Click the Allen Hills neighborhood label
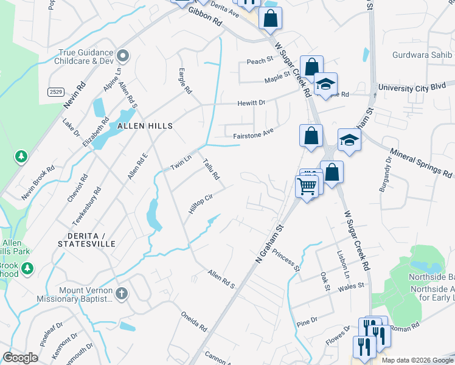coord(145,126)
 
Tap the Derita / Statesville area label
coord(86,239)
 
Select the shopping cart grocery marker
coord(307,186)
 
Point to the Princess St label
coord(287,260)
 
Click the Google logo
coord(20,358)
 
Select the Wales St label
coord(351,285)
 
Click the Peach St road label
coord(258,61)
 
